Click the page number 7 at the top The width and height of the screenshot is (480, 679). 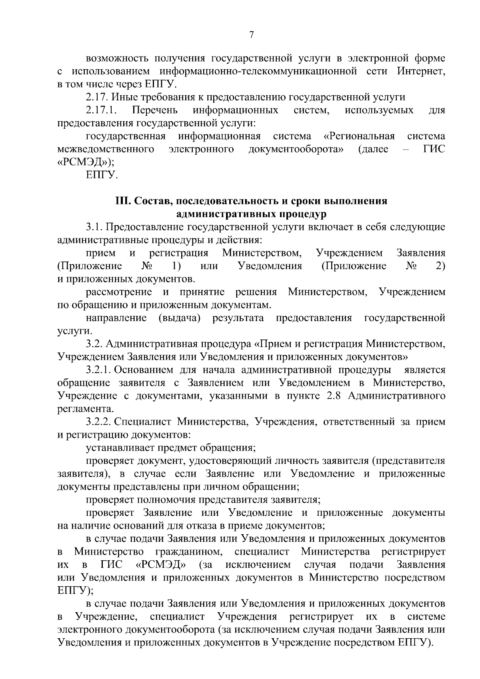[251, 35]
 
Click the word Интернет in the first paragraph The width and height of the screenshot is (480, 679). [421, 72]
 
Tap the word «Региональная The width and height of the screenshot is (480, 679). [359, 136]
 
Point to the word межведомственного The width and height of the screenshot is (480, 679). [106, 150]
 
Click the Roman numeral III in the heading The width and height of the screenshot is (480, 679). [121, 201]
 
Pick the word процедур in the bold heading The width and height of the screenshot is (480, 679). [304, 214]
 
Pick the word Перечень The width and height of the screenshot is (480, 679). [156, 110]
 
